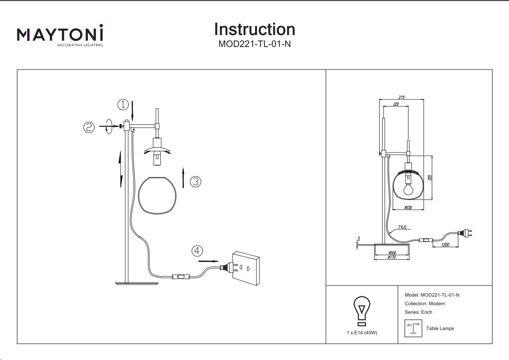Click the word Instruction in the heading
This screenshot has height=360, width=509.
pyautogui.click(x=254, y=30)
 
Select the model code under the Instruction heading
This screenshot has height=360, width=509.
pyautogui.click(x=254, y=44)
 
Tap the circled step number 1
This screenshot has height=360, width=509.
pyautogui.click(x=123, y=105)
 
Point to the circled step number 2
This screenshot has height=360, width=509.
pyautogui.click(x=89, y=127)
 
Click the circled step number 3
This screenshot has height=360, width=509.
pyautogui.click(x=195, y=182)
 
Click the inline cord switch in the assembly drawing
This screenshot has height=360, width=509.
pyautogui.click(x=181, y=276)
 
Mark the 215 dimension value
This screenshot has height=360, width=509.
pyautogui.click(x=401, y=97)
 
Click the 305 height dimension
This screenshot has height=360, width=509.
pyautogui.click(x=430, y=178)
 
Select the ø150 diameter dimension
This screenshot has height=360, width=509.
pyautogui.click(x=408, y=207)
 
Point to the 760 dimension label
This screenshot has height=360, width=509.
pyautogui.click(x=402, y=227)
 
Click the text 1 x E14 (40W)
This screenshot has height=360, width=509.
pyautogui.click(x=362, y=333)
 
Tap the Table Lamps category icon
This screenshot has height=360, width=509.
pyautogui.click(x=413, y=328)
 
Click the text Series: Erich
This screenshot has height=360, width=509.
pyautogui.click(x=418, y=312)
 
